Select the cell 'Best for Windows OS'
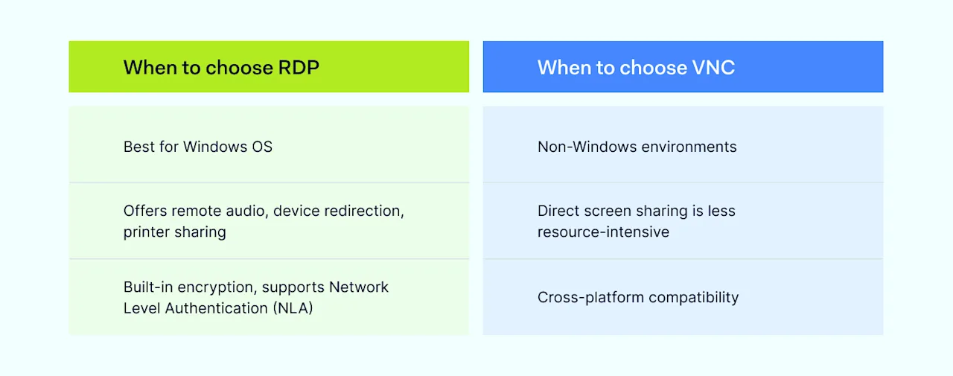coord(198,147)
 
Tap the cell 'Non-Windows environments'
coord(637,147)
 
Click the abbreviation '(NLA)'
coord(289,308)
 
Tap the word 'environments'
coord(689,147)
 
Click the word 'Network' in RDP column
coord(359,287)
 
